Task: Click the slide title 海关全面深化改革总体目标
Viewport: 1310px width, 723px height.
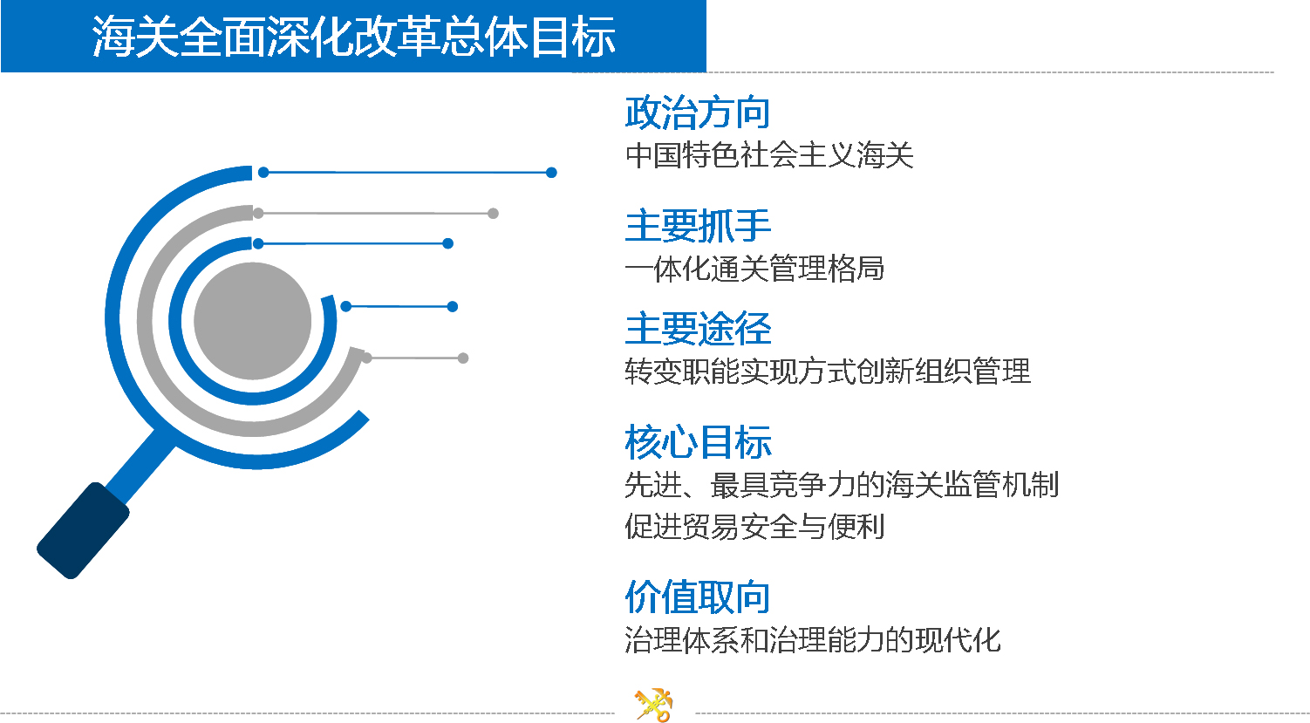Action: pyautogui.click(x=354, y=37)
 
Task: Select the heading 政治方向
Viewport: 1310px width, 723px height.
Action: pyautogui.click(x=697, y=113)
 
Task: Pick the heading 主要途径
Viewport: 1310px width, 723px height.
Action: pyautogui.click(x=698, y=328)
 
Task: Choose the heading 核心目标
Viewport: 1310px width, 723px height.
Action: pyautogui.click(x=698, y=441)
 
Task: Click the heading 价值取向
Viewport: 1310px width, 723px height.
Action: pyautogui.click(x=697, y=597)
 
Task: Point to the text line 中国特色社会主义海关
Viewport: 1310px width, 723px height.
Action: pyautogui.click(x=769, y=155)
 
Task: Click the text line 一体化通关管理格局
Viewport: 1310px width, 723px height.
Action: pyautogui.click(x=754, y=269)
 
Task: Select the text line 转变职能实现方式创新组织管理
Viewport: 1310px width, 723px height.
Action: pyautogui.click(x=828, y=372)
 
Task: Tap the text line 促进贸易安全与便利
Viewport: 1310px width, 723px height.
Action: pyautogui.click(x=754, y=526)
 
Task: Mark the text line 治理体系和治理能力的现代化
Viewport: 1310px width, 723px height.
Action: pyautogui.click(x=813, y=639)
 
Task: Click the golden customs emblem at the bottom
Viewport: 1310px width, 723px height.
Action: pyautogui.click(x=654, y=705)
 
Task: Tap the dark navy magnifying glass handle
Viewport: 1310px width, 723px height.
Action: pyautogui.click(x=83, y=530)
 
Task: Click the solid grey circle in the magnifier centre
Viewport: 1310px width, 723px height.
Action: pyautogui.click(x=252, y=321)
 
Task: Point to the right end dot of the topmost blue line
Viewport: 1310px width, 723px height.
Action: pyautogui.click(x=551, y=173)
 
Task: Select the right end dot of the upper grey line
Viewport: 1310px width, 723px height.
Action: pyautogui.click(x=493, y=214)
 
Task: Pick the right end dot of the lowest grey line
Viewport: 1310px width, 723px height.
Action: pyautogui.click(x=463, y=358)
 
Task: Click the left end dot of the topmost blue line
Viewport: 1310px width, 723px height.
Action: pyautogui.click(x=263, y=172)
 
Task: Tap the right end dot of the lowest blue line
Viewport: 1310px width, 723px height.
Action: pyautogui.click(x=452, y=306)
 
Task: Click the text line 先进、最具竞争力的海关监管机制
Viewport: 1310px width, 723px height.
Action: pyautogui.click(x=842, y=484)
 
